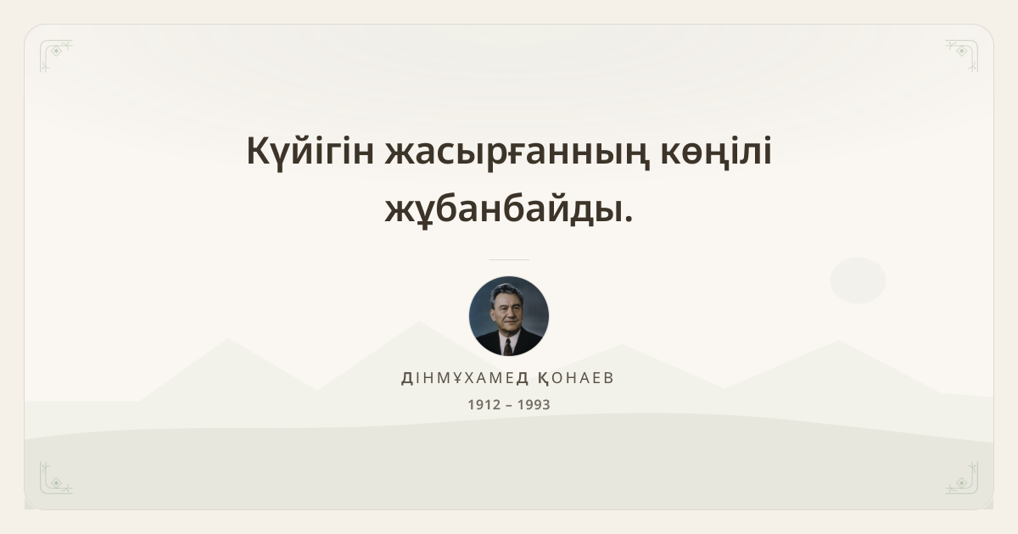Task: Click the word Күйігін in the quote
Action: click(310, 152)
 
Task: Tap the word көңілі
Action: click(716, 152)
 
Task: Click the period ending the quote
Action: click(629, 220)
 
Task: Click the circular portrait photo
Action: click(509, 316)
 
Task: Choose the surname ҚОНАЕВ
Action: click(576, 378)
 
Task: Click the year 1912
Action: click(484, 404)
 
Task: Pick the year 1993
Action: click(534, 404)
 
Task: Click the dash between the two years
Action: click(509, 405)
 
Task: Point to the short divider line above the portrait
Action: click(509, 259)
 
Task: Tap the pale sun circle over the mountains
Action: click(858, 281)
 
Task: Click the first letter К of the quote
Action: click(259, 151)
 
